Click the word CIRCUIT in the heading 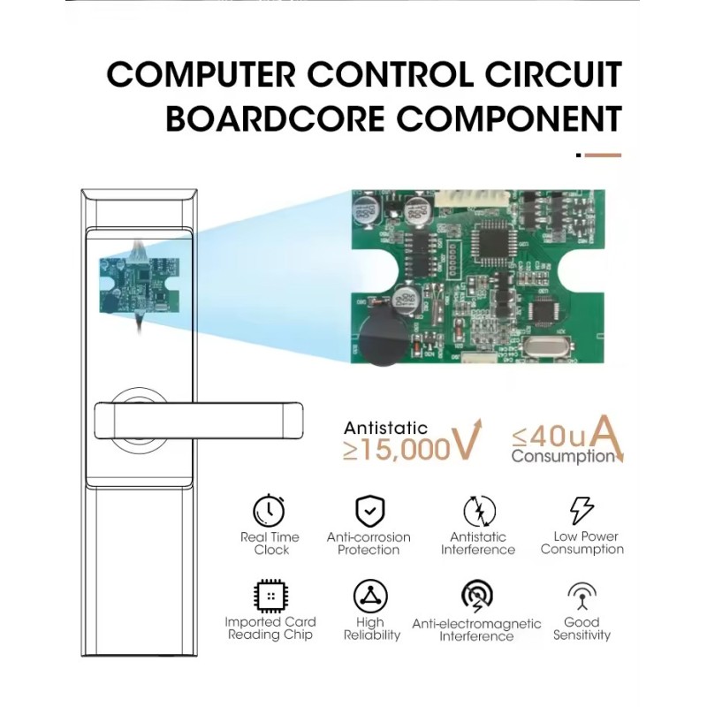tap(555, 74)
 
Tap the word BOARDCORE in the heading tap(275, 118)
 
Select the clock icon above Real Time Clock tap(269, 511)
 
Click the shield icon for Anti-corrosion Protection tap(369, 511)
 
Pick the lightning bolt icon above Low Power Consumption tap(582, 511)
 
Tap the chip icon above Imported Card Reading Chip tap(270, 596)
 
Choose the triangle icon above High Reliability tap(370, 596)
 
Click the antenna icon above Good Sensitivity tap(582, 596)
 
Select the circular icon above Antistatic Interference tap(479, 512)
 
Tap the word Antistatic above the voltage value tap(385, 428)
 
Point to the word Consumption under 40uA tap(563, 456)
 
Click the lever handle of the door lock tap(198, 421)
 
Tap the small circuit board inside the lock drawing tap(140, 285)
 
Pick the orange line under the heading tap(603, 156)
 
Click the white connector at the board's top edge tap(473, 197)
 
